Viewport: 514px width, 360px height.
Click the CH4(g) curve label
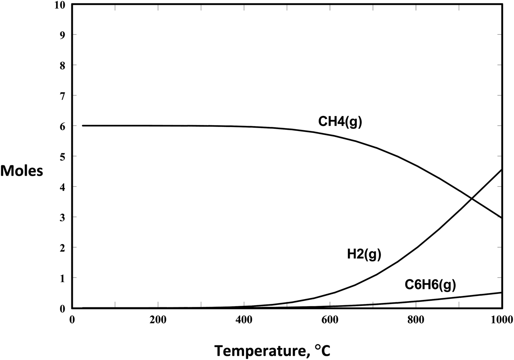click(340, 122)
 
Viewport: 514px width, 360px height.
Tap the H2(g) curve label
click(364, 254)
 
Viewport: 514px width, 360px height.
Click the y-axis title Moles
click(22, 171)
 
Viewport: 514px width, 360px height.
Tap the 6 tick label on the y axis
click(63, 126)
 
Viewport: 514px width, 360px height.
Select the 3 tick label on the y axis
click(63, 217)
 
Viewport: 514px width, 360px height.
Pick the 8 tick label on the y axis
click(63, 65)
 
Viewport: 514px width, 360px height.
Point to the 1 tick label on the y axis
click(63, 278)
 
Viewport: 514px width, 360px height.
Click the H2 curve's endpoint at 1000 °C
click(501, 170)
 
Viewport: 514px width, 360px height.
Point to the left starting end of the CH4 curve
click(83, 125)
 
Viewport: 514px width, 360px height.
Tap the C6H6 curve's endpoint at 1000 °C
click(501, 292)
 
